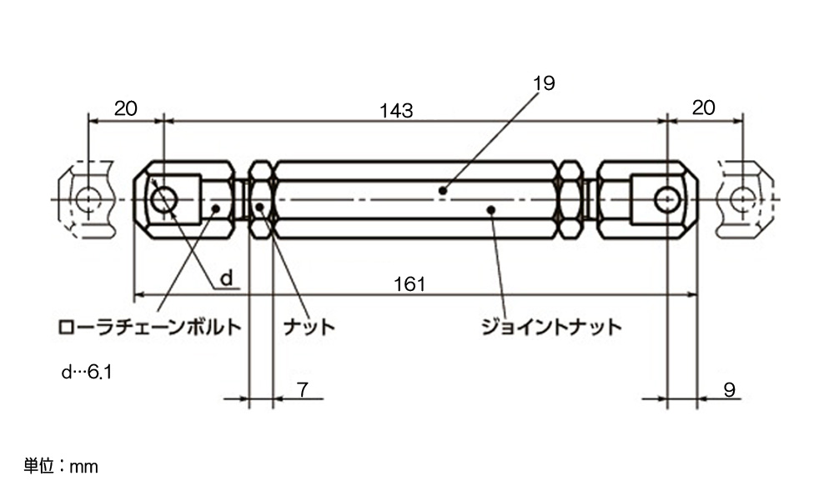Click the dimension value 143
pos(395,111)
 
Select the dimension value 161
pos(409,284)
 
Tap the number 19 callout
pos(544,83)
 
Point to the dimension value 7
pos(303,390)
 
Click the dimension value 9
pos(729,390)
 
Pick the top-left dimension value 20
pos(126,108)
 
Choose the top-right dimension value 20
pos(703,108)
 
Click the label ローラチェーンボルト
pos(149,327)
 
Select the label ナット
pos(309,327)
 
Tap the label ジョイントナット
pos(551,327)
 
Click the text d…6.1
pos(87,372)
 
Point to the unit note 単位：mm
pos(61,466)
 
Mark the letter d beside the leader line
pos(227,278)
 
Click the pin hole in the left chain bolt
pos(163,200)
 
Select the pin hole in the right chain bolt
pos(667,200)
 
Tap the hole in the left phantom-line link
pos(88,200)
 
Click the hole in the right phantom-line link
pos(742,200)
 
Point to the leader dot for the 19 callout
pos(442,190)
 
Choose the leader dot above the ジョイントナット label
pos(491,210)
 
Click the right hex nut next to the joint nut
pos(570,200)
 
